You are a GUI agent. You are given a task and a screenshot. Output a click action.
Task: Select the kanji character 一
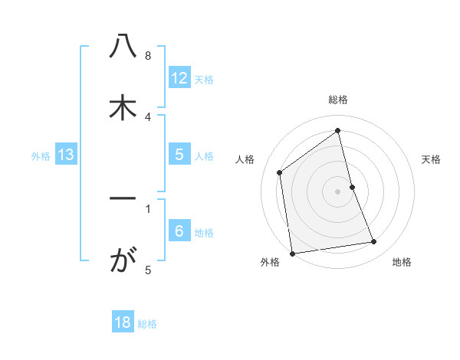click(123, 199)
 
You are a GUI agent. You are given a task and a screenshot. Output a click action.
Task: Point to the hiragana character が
click(123, 261)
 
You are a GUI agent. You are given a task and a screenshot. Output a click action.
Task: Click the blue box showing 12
click(179, 77)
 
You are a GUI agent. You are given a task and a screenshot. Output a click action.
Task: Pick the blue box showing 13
click(65, 155)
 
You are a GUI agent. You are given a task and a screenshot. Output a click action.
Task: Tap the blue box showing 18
click(123, 322)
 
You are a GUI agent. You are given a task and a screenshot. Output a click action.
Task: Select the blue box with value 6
click(179, 231)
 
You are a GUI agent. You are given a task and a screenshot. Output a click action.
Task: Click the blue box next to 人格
click(179, 155)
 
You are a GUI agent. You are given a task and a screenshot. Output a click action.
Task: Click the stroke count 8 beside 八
click(148, 56)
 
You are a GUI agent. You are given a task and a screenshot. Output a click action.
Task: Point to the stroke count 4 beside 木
click(148, 116)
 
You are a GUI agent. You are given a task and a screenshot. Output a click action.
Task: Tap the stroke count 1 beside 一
click(148, 208)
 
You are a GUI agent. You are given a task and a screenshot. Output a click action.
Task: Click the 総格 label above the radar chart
click(338, 100)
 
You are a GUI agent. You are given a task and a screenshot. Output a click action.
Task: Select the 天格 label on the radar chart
click(431, 159)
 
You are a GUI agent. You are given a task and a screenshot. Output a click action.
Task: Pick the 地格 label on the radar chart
click(402, 262)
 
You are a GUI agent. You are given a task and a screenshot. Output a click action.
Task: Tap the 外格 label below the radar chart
click(270, 262)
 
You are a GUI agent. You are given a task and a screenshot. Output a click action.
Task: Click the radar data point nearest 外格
click(292, 253)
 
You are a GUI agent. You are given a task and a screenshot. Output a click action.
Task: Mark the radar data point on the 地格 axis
click(374, 242)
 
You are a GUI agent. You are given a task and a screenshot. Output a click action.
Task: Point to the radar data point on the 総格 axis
click(338, 131)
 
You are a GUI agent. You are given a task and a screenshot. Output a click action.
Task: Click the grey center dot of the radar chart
click(338, 191)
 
